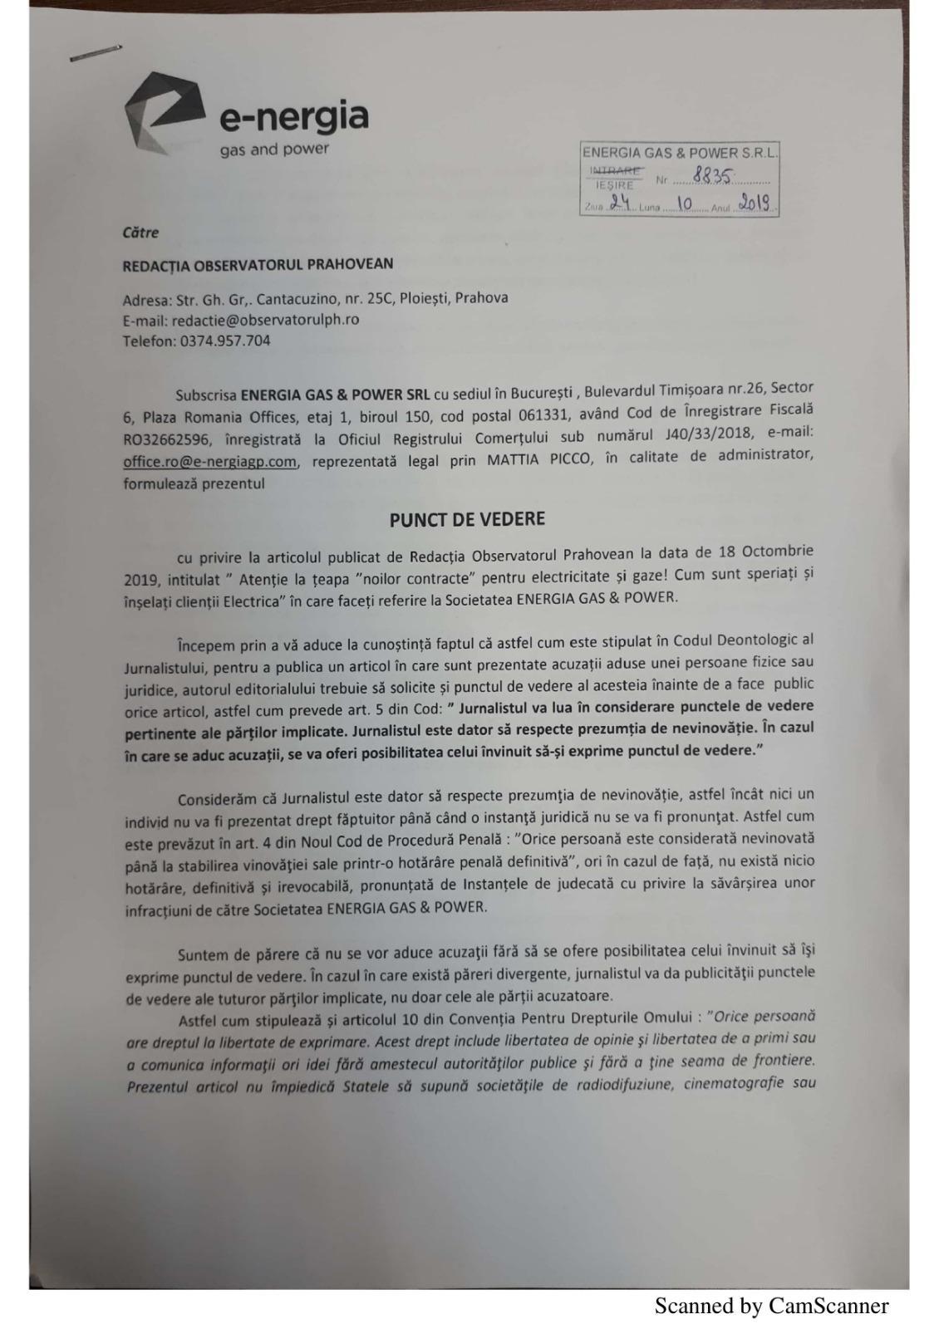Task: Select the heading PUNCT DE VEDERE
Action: [468, 520]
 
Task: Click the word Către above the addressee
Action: [140, 233]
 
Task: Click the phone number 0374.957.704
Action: [225, 341]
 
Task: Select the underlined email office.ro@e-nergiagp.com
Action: [209, 462]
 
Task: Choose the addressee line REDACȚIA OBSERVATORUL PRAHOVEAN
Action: [258, 265]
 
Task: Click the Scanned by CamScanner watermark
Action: [771, 1306]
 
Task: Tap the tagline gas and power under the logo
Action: [274, 150]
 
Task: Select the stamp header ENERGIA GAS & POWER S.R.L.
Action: [679, 153]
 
